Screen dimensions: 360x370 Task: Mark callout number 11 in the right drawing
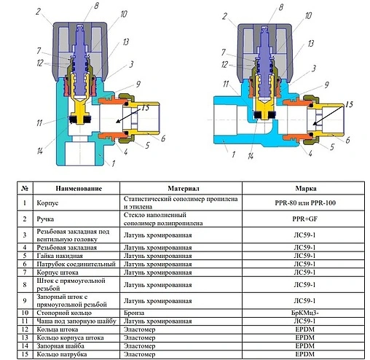tap(227, 83)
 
